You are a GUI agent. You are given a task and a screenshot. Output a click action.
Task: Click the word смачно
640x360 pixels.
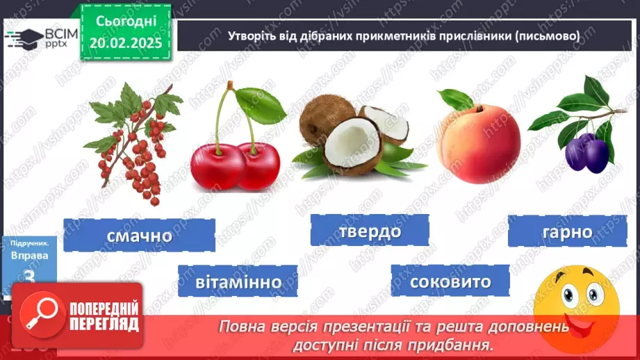[139, 236]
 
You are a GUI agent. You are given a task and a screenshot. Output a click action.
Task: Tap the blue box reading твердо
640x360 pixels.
[370, 231]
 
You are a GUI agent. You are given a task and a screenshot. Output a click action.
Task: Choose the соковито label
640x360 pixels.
[450, 282]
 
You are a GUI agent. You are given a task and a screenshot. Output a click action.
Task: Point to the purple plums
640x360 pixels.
[586, 152]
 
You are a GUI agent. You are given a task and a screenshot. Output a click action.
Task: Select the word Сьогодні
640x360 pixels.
[125, 22]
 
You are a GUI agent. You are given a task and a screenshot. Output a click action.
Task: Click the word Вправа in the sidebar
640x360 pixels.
[29, 256]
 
